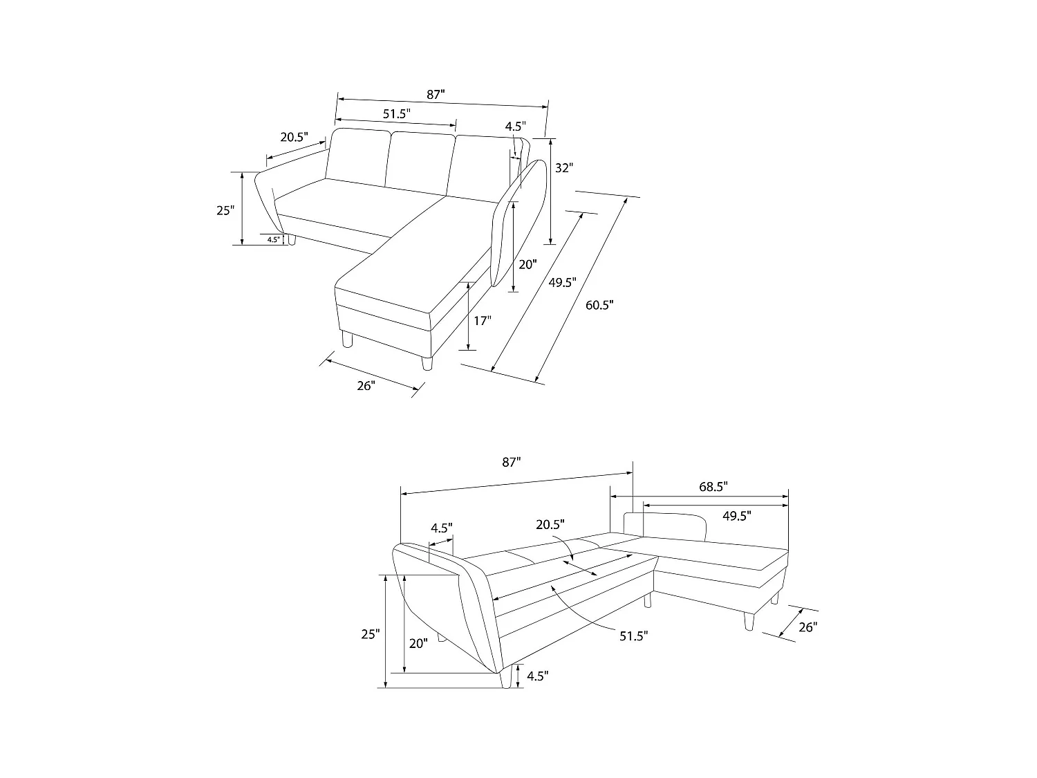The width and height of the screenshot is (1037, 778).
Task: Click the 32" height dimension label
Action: [x=564, y=167]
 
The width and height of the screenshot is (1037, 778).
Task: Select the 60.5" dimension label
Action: [x=599, y=304]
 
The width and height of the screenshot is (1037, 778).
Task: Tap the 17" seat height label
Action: [x=483, y=320]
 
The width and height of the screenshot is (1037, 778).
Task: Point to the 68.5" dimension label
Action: [x=713, y=487]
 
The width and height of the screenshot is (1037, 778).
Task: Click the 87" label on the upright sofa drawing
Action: [x=436, y=95]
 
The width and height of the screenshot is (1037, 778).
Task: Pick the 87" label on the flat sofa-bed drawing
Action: [x=511, y=463]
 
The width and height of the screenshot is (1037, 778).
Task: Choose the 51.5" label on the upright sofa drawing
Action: [x=397, y=113]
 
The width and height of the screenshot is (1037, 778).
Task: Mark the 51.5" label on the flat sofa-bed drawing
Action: [x=633, y=636]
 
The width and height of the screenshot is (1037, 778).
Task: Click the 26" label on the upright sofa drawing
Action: [x=366, y=386]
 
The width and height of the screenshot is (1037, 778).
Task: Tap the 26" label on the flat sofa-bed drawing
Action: [x=807, y=627]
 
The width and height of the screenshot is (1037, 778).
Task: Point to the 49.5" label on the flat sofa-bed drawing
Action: [x=737, y=515]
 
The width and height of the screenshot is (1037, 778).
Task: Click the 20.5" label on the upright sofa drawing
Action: [x=294, y=137]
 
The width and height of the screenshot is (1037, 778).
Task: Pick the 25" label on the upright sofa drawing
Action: [x=225, y=210]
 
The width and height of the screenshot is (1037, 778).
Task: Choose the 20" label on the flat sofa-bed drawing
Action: [x=418, y=643]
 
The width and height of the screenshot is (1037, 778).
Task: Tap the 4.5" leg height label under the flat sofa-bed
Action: [x=537, y=676]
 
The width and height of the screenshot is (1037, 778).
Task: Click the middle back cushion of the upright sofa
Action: [x=420, y=160]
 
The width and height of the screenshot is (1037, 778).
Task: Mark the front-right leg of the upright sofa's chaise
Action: [x=427, y=364]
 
